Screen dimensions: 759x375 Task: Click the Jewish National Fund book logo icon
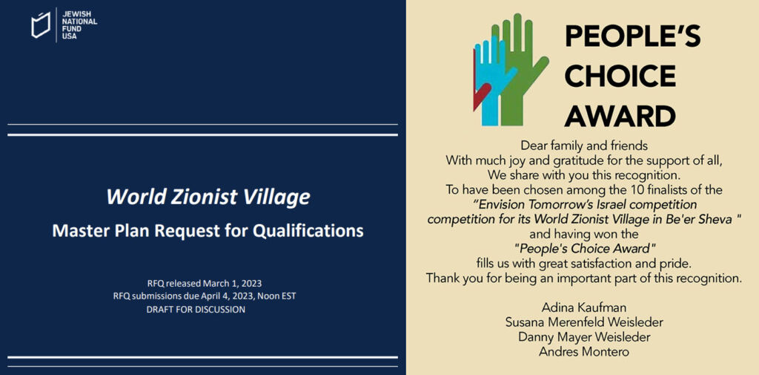pos(41,25)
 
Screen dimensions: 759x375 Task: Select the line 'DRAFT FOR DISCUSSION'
pos(196,310)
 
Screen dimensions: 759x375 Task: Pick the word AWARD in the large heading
pos(620,117)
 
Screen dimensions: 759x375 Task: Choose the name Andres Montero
pos(584,352)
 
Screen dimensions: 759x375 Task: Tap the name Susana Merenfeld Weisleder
pos(584,322)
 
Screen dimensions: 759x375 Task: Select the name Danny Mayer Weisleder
pos(584,337)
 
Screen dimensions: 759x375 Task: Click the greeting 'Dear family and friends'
pos(584,145)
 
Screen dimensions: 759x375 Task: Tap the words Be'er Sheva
pos(703,219)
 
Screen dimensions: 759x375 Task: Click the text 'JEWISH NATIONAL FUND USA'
pos(79,23)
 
